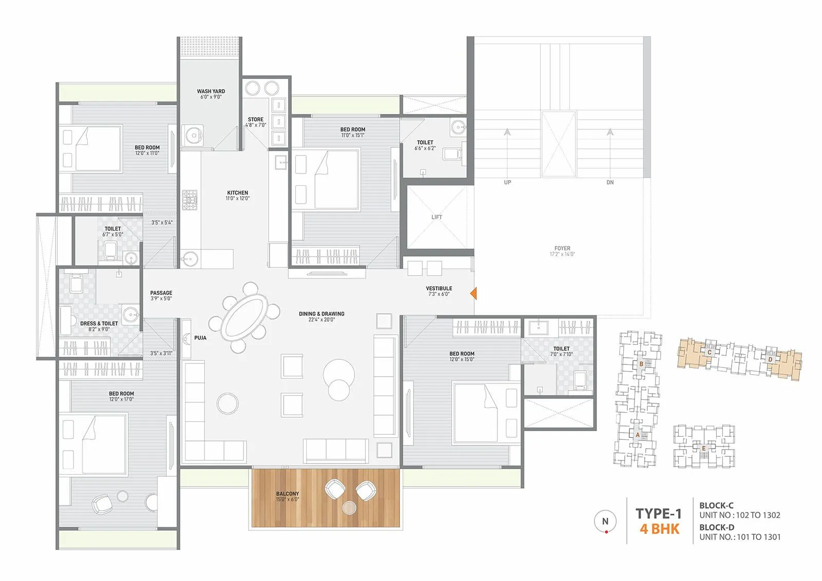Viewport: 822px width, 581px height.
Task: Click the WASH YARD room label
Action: tap(211, 91)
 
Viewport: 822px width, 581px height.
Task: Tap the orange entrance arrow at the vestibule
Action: tap(474, 293)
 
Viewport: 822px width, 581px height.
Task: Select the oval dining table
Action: tap(245, 317)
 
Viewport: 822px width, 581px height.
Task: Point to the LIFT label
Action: tap(436, 217)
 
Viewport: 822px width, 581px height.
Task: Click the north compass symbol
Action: tap(605, 521)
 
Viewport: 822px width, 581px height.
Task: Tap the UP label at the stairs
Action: tap(507, 182)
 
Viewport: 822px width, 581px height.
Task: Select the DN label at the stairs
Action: tap(610, 182)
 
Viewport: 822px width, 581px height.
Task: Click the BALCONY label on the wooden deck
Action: tap(287, 494)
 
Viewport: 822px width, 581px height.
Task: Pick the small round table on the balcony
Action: tap(349, 508)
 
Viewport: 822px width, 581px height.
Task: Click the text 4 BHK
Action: tap(659, 529)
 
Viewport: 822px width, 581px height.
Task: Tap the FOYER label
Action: tap(562, 248)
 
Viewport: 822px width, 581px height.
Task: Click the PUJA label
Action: tap(200, 338)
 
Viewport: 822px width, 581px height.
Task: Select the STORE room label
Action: tap(255, 119)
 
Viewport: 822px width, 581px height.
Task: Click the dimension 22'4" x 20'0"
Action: tap(322, 320)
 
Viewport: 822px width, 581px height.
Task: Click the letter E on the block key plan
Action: tap(703, 449)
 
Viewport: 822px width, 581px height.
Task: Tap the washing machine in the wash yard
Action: tap(192, 135)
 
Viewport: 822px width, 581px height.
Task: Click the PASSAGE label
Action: tap(161, 293)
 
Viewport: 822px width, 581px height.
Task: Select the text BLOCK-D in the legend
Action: tap(716, 527)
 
